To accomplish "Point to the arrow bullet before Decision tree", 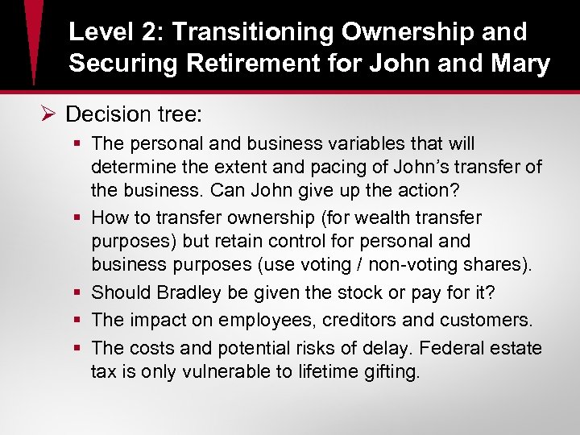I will [48, 114].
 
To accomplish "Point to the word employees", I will [268, 320].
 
